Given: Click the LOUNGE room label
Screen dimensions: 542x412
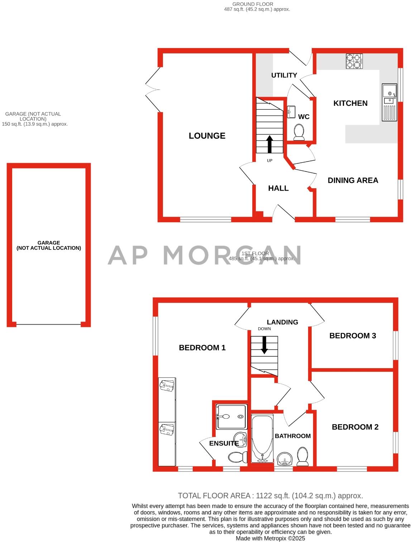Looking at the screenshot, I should point(207,136).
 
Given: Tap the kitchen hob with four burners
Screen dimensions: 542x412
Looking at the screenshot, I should point(354,61).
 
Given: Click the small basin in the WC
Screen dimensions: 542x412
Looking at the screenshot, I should point(291,111).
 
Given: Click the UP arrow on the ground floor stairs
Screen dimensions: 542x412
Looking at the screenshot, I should point(269,144).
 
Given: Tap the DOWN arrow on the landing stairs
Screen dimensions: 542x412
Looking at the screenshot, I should point(264,345).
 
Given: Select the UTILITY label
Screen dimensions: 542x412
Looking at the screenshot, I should point(284,75).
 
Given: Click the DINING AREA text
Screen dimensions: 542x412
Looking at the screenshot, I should point(353,180).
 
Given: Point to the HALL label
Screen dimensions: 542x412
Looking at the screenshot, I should point(278,188).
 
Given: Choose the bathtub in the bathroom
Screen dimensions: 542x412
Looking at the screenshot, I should point(262,439).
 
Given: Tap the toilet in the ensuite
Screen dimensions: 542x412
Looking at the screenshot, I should point(238,457).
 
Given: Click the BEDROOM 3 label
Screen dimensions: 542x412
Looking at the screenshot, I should point(353,336).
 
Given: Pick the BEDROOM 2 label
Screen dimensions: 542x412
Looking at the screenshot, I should point(355,427).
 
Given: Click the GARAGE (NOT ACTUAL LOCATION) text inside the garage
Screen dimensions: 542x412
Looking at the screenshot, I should point(49,245).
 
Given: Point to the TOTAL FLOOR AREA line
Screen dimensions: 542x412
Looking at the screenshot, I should point(270,496).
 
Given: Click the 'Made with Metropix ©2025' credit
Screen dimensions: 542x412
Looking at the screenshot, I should point(270,538).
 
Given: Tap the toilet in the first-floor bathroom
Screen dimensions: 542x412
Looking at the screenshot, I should point(303,456).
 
